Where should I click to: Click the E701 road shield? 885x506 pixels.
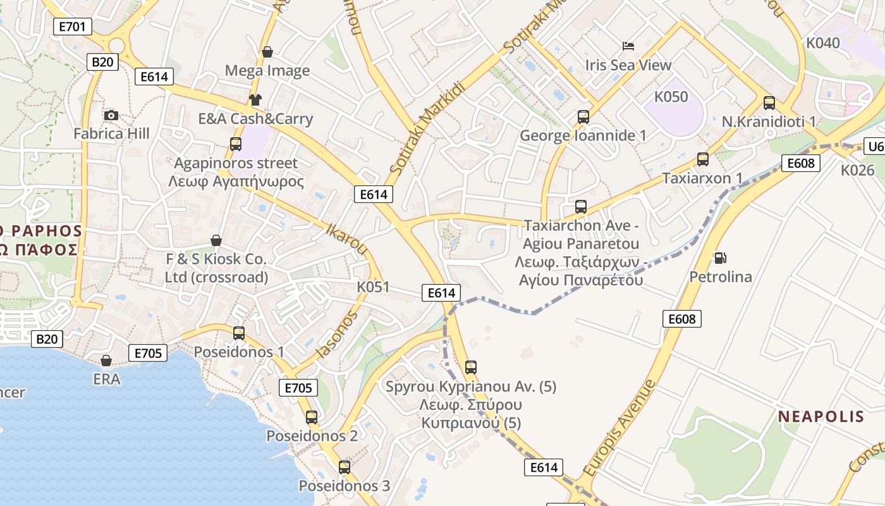point(73,26)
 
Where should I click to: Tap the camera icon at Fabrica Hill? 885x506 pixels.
point(111,115)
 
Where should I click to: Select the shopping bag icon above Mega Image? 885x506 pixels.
point(267,52)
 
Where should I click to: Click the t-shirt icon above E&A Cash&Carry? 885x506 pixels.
point(255,99)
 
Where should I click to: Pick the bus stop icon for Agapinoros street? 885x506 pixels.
point(236,144)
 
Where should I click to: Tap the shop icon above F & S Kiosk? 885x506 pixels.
point(216,240)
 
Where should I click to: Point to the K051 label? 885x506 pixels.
point(373,287)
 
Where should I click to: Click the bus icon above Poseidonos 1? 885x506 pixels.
point(239,333)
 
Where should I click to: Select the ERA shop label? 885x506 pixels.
point(106,378)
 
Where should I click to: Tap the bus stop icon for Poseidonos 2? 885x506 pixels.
point(312,417)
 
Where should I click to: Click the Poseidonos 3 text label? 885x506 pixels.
point(344,486)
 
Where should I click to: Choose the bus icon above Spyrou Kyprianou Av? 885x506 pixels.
point(471,367)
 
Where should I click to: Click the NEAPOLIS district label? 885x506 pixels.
point(821,416)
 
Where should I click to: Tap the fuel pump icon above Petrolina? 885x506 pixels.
point(720,257)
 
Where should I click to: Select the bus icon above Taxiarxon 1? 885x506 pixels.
point(703,159)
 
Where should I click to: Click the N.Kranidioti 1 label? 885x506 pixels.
point(769,121)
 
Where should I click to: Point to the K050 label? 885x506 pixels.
point(671,97)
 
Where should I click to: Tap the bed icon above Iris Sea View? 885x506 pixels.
point(628,46)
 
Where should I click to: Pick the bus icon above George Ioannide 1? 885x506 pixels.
point(583,117)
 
